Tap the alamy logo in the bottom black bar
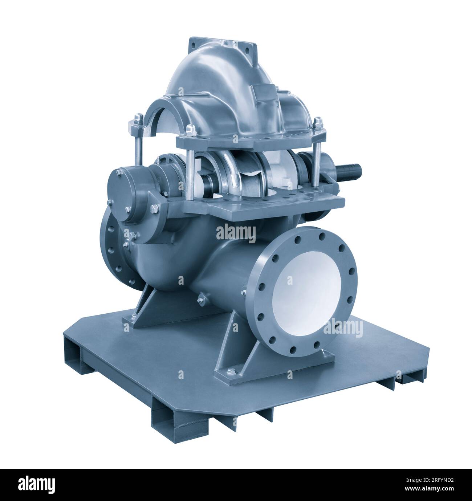tap(36, 484)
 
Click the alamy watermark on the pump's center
tap(236, 233)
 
